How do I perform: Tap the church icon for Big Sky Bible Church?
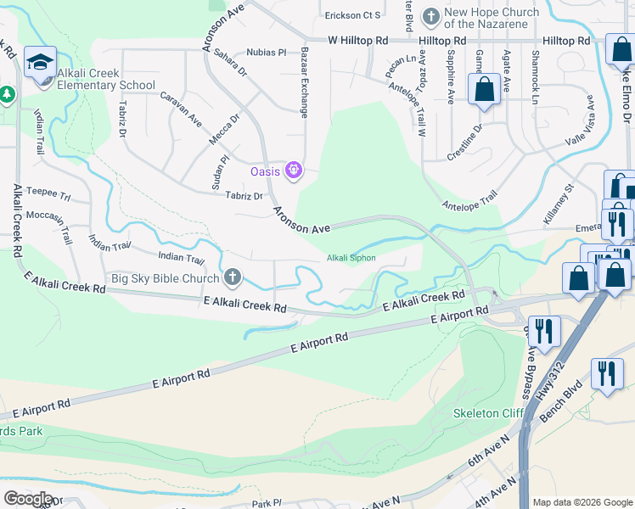click(x=233, y=277)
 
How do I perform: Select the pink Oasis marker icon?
click(x=294, y=171)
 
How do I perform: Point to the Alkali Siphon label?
click(x=351, y=258)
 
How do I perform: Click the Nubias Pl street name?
click(x=266, y=53)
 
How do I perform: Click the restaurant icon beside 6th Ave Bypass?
click(x=544, y=331)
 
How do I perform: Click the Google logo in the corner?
click(x=27, y=498)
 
